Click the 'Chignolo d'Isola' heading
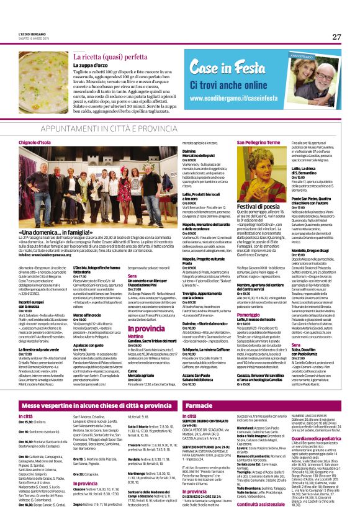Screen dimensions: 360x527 (38, 142)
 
